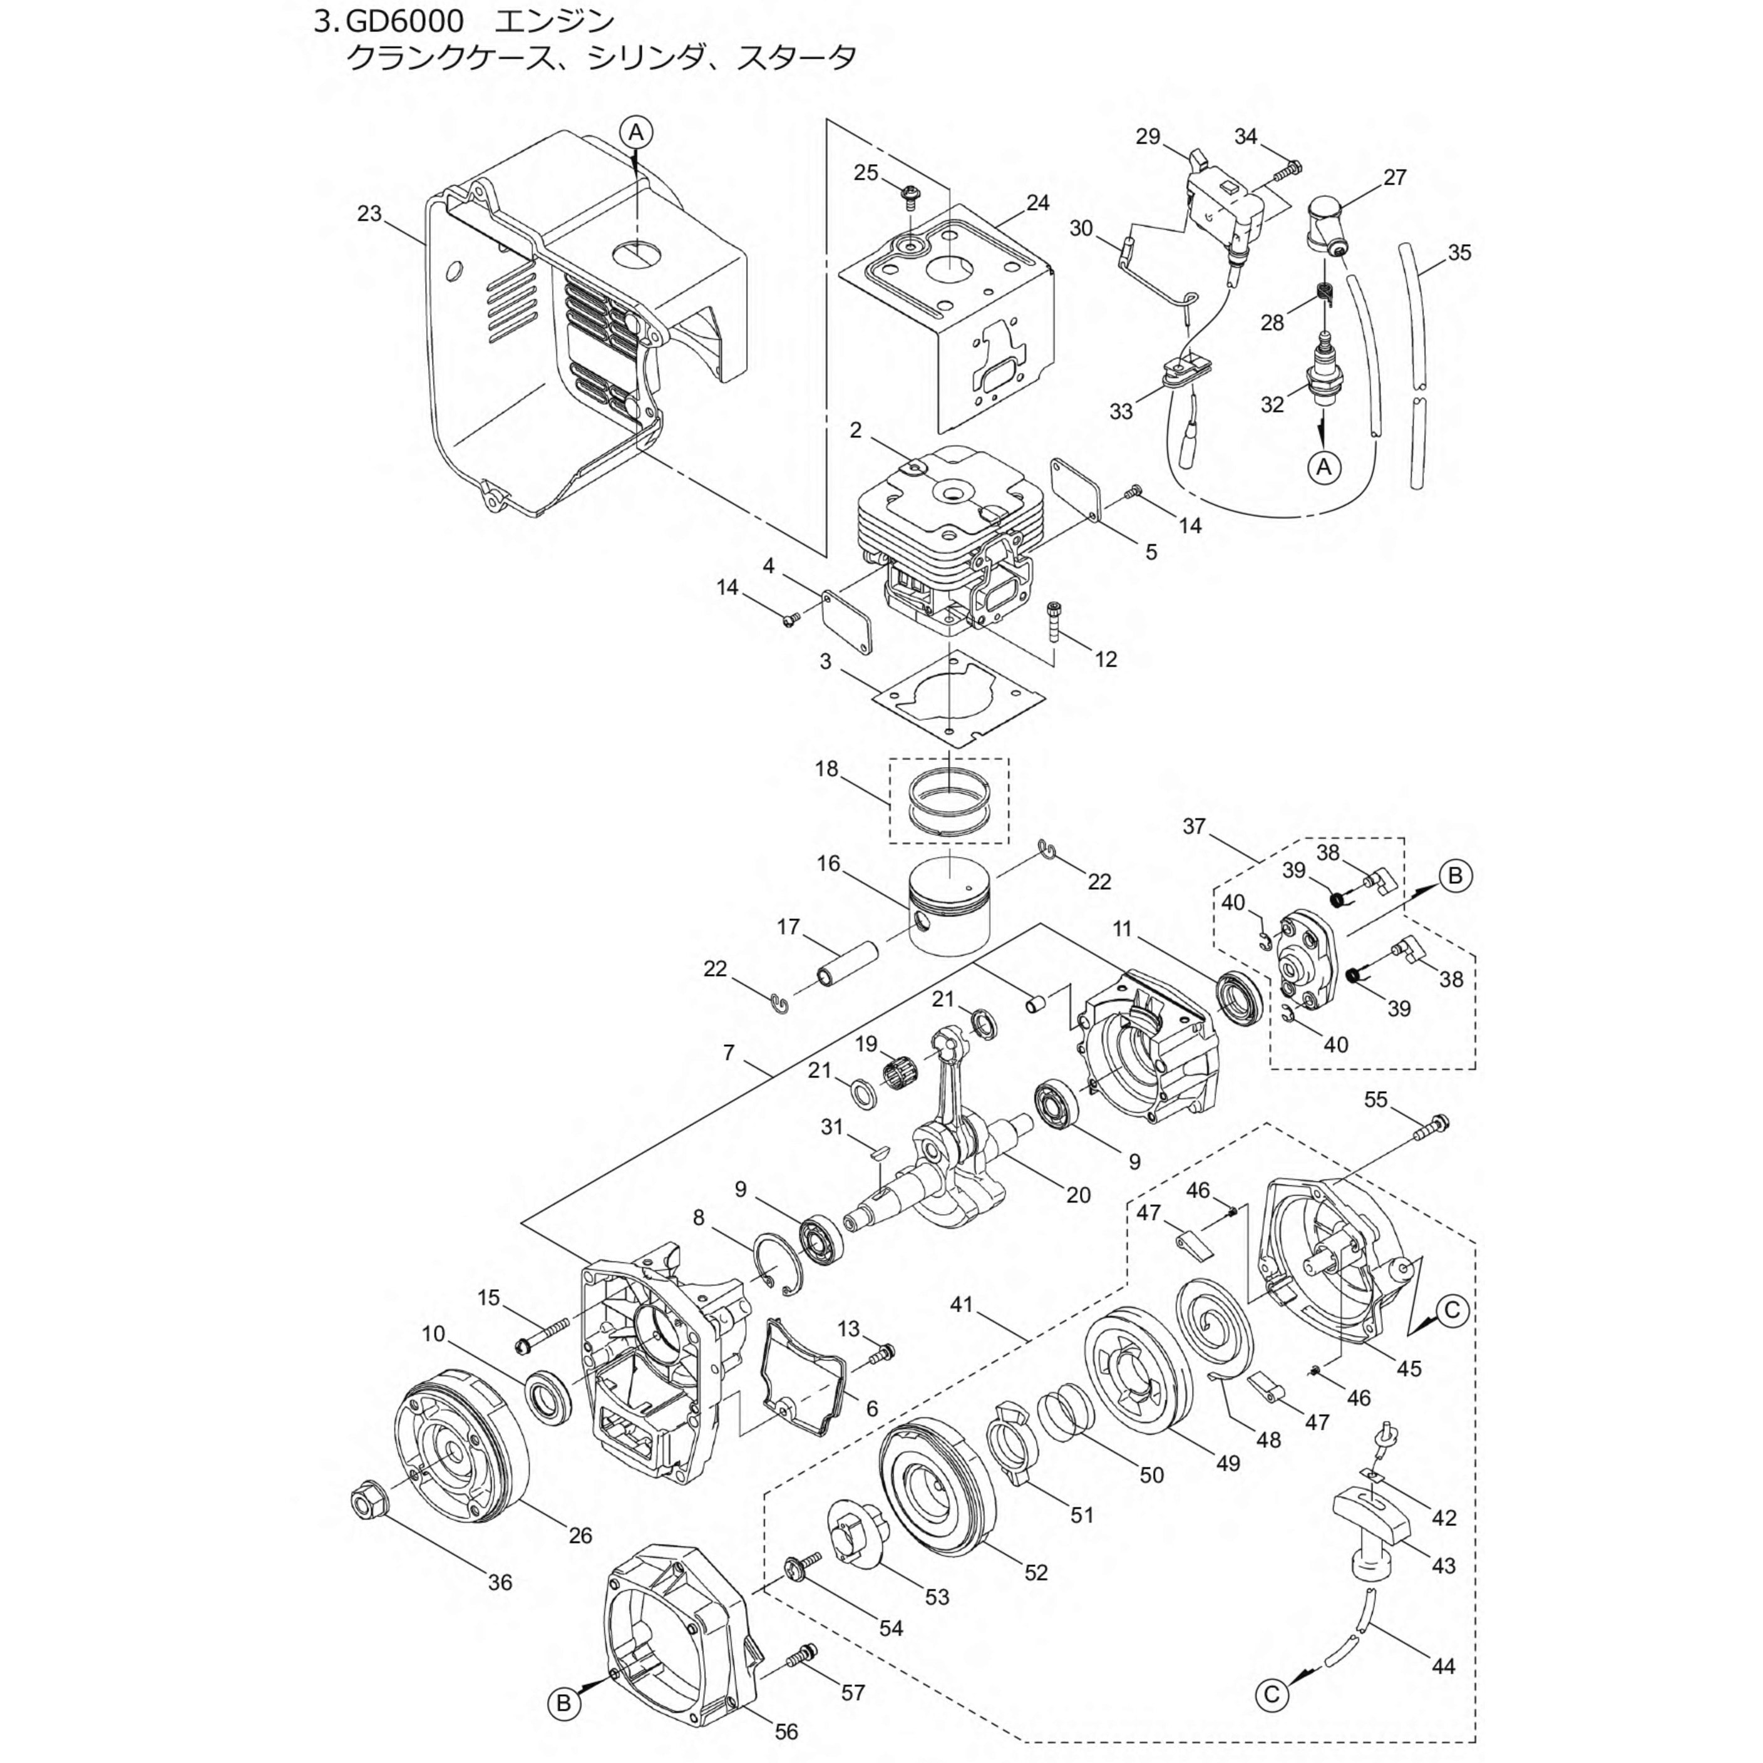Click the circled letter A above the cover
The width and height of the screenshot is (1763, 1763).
636,132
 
